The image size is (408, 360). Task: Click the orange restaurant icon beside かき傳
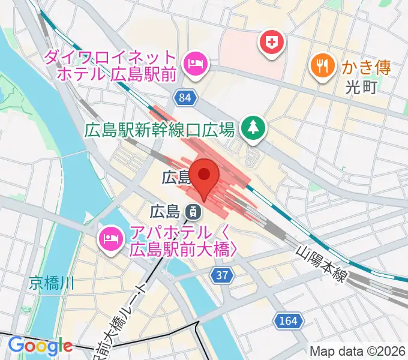click(323, 65)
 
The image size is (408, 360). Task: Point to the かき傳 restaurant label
click(367, 67)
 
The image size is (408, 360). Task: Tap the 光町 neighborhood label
click(361, 88)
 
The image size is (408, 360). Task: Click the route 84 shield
click(186, 97)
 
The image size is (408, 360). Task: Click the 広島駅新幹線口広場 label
click(159, 129)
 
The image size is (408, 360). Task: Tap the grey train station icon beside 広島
click(193, 211)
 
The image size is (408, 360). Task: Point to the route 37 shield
click(222, 275)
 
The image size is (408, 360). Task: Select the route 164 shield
click(287, 321)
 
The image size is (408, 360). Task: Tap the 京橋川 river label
click(52, 283)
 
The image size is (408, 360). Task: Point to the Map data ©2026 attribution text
click(357, 351)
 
